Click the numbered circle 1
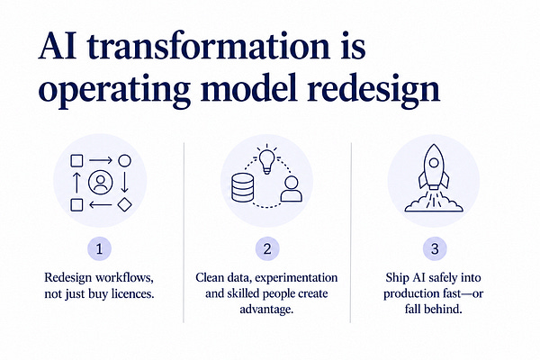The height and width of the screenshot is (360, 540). click(100, 248)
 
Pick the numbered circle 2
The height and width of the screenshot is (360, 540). click(267, 248)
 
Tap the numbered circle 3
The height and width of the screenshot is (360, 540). click(435, 248)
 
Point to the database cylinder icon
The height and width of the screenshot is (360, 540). click(242, 188)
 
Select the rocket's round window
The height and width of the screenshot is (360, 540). click(434, 162)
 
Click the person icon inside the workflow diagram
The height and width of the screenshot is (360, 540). click(100, 182)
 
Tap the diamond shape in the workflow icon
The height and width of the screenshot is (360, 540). click(125, 204)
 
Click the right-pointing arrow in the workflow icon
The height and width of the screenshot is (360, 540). click(101, 160)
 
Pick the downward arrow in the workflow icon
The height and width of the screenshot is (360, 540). click(125, 182)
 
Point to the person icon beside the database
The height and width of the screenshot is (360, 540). click(292, 189)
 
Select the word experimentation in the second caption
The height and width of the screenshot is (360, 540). click(296, 278)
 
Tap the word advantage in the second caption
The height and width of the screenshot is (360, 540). click(266, 310)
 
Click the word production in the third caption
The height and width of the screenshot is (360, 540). click(407, 294)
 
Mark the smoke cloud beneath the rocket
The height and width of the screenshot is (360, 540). click(434, 206)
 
